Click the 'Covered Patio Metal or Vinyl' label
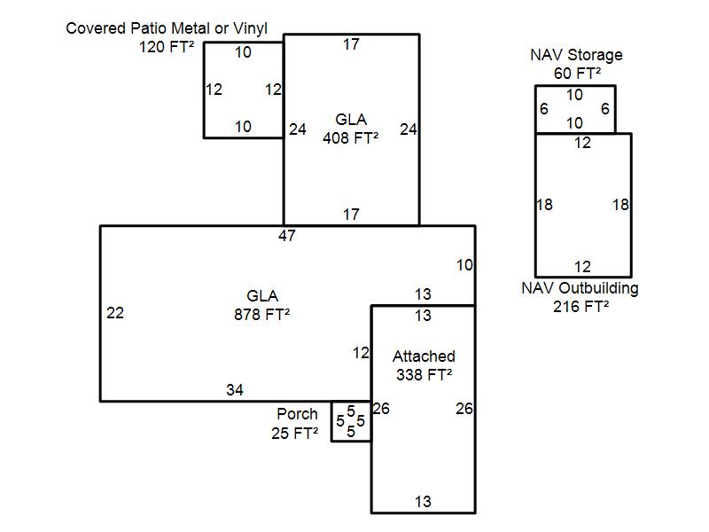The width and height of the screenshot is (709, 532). [x=167, y=29]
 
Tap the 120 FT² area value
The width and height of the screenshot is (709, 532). [x=167, y=47]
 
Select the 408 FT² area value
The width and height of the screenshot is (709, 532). [x=351, y=137]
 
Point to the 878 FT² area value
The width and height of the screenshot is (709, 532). [x=262, y=314]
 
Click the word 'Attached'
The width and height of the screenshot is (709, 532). [x=424, y=356]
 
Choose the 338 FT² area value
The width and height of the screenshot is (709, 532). [x=424, y=374]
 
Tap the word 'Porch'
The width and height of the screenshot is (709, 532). [x=297, y=414]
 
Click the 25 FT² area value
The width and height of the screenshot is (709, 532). [x=294, y=434]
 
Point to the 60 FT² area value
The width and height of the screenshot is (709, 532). [x=578, y=73]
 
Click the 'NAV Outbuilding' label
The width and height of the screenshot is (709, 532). [x=580, y=288]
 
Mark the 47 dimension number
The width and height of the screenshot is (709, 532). [x=286, y=236]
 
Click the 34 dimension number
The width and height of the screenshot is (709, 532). [x=234, y=390]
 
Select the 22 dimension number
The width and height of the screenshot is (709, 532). [x=115, y=313]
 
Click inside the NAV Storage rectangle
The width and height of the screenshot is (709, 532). [x=575, y=109]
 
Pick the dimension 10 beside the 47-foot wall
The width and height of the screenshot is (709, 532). [x=464, y=265]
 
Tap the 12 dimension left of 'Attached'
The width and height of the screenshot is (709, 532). [x=361, y=353]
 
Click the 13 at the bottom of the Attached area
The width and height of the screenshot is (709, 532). [x=423, y=502]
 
